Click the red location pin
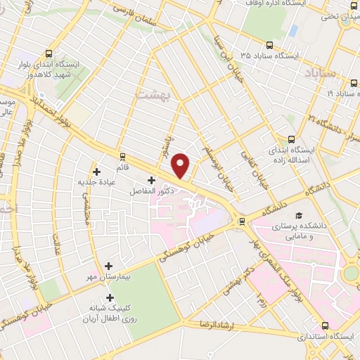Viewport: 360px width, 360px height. [x=181, y=165]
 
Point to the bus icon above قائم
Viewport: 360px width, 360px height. [x=123, y=157]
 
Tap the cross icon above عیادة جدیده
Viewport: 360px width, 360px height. [x=97, y=171]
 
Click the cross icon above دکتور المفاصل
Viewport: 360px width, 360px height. [x=151, y=181]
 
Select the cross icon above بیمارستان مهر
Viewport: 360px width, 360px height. [x=108, y=266]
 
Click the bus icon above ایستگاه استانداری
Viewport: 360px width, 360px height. [x=325, y=326]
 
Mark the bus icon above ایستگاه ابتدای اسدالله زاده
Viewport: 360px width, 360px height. [x=290, y=139]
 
